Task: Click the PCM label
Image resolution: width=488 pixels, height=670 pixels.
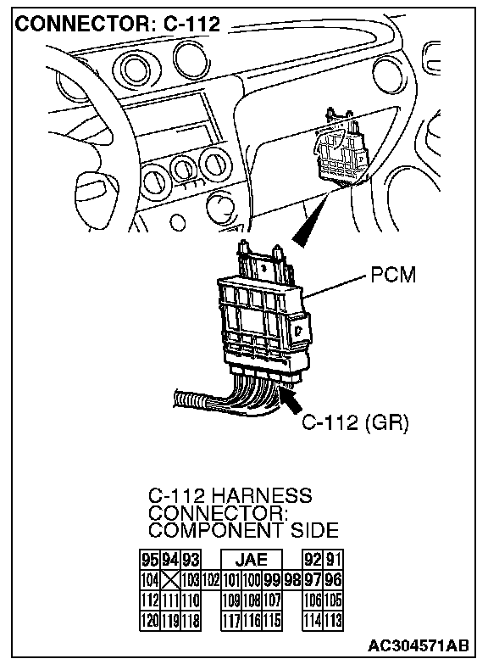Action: [393, 275]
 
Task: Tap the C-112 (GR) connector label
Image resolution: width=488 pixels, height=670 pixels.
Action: [355, 422]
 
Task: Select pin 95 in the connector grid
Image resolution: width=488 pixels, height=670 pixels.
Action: [150, 560]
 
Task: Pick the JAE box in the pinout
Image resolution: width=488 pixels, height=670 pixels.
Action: [252, 560]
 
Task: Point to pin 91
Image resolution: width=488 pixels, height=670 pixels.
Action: [333, 560]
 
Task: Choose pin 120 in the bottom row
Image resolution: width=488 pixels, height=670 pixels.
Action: [150, 620]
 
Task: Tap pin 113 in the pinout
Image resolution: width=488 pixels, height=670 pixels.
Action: [333, 620]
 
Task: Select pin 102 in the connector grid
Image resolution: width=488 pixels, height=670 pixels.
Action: [211, 580]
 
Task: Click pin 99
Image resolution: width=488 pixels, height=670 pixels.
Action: [272, 580]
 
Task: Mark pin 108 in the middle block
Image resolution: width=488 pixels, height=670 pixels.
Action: [252, 600]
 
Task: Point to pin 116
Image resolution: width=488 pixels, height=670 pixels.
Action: [252, 620]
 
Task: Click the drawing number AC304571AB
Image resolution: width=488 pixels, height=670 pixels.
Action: [419, 645]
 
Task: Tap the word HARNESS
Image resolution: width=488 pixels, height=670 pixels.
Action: [262, 495]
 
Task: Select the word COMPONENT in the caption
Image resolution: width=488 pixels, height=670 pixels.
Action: [215, 531]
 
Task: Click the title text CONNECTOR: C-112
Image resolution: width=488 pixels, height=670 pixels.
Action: [118, 25]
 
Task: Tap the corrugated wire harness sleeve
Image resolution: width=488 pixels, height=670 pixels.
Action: [189, 400]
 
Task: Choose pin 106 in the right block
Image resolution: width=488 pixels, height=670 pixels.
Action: [313, 600]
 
